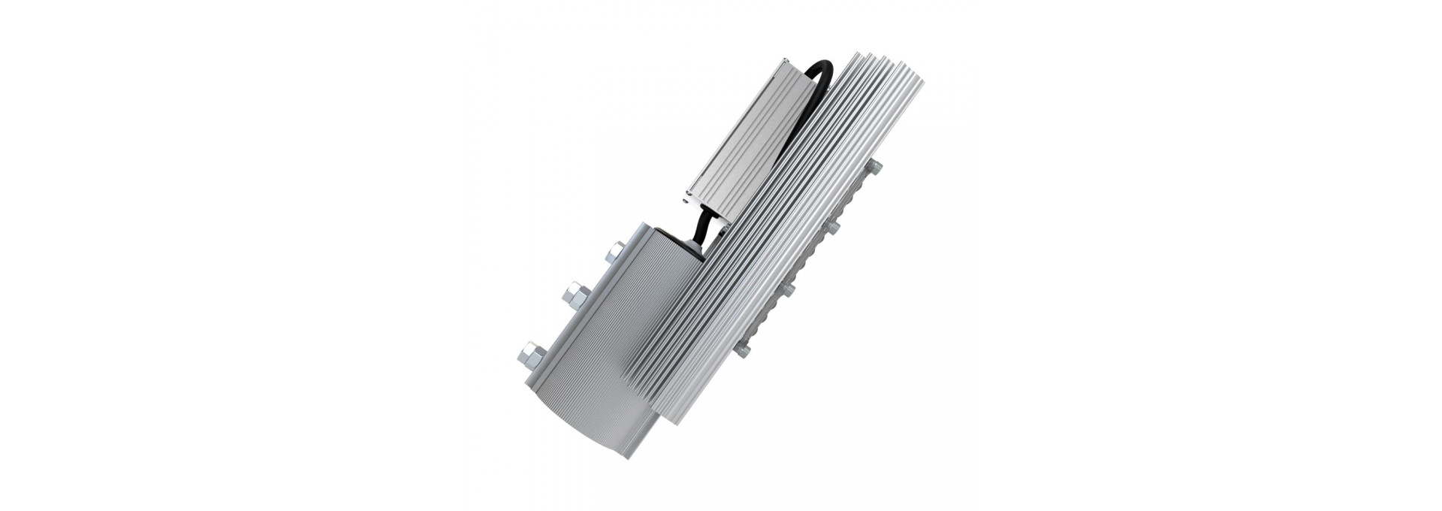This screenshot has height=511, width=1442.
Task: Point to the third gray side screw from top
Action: click(788, 289)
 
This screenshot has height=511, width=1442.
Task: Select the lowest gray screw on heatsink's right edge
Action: click(744, 349)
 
